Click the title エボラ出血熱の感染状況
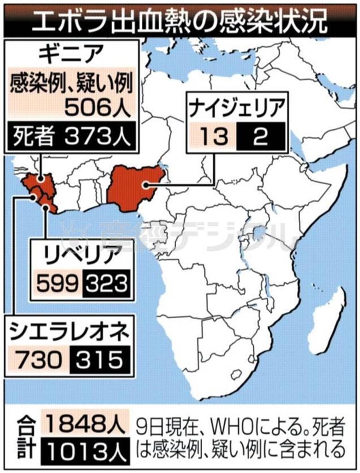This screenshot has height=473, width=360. pos(180,18)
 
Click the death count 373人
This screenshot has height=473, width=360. pos(97,137)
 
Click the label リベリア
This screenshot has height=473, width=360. pos(81,255)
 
